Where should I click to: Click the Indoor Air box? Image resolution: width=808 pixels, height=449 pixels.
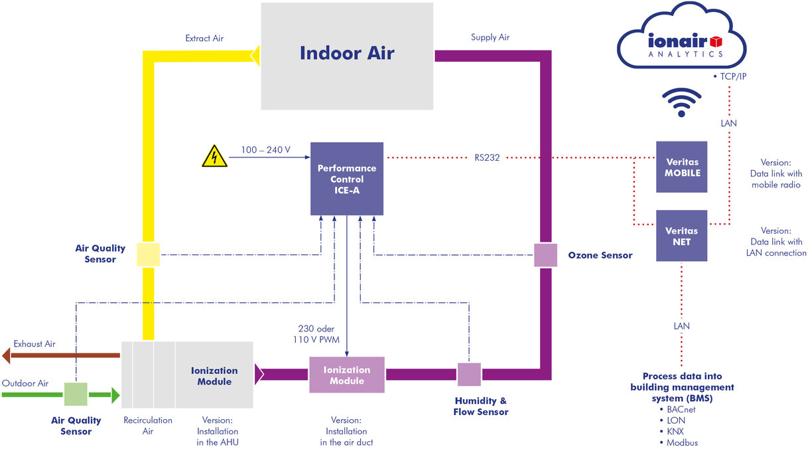coord(347,56)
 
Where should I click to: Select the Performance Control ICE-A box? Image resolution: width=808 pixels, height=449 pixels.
coord(347,179)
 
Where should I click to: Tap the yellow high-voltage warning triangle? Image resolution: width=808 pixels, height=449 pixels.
coord(214,158)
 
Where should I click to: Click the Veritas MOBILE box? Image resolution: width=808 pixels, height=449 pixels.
coord(682,167)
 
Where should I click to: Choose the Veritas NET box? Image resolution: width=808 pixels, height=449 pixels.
coord(682,236)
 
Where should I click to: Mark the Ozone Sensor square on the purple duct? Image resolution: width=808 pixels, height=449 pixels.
coord(545,255)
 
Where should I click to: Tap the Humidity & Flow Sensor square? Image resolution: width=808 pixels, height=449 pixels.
coord(469,375)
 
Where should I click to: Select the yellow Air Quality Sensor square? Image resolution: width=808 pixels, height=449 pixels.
coord(148,254)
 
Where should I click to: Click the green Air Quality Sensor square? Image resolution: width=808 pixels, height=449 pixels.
coord(76,395)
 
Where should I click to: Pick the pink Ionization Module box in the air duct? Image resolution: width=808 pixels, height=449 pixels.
coord(347,375)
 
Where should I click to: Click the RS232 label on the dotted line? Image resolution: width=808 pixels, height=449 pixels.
coord(487,158)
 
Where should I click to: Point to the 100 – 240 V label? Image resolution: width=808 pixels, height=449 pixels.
coord(265,150)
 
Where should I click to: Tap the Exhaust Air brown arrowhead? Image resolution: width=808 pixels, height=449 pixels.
coord(7,356)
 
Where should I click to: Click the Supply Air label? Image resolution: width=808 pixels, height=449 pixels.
coord(490,37)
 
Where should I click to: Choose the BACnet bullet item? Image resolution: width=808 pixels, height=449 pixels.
coord(681,410)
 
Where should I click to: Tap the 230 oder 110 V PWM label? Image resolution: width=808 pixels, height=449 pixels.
coord(316,333)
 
